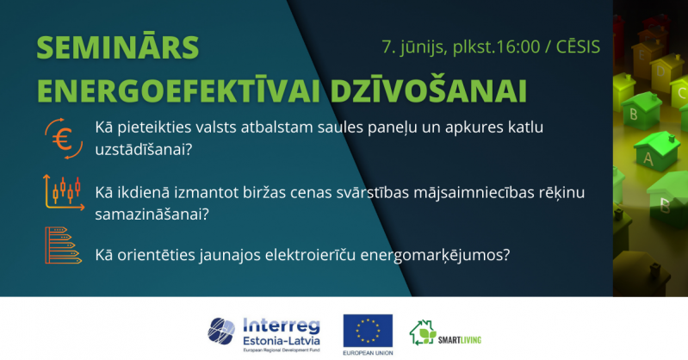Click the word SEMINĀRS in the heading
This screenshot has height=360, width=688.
pos(118,47)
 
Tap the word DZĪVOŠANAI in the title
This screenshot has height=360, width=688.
pos(428,90)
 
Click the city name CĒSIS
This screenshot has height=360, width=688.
pos(579,47)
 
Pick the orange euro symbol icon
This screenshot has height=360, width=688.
pos(64,139)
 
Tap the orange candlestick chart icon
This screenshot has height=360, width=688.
pos(64,192)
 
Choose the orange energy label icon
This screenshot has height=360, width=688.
pos(63,245)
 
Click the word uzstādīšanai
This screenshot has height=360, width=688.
pos(144,150)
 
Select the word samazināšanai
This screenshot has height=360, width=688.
pos(152,214)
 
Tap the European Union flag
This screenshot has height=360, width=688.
pos(368,330)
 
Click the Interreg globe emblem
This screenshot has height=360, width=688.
pos(221,331)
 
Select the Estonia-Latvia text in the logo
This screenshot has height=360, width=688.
pos(282,341)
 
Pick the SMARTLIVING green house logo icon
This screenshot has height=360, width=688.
pos(423,332)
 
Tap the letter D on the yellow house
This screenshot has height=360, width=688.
pos(660,71)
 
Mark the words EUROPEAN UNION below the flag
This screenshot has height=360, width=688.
pos(368,353)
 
